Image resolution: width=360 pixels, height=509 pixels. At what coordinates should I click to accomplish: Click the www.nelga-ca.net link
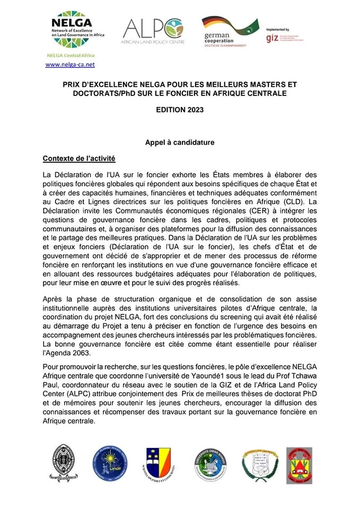pyautogui.click(x=70, y=64)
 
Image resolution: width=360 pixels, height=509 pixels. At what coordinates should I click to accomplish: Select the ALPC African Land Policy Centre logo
pyautogui.click(x=153, y=31)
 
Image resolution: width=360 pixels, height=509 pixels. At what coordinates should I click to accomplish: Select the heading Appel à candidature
pyautogui.click(x=180, y=143)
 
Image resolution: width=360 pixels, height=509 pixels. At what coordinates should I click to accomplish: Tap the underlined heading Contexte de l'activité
pyautogui.click(x=78, y=159)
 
